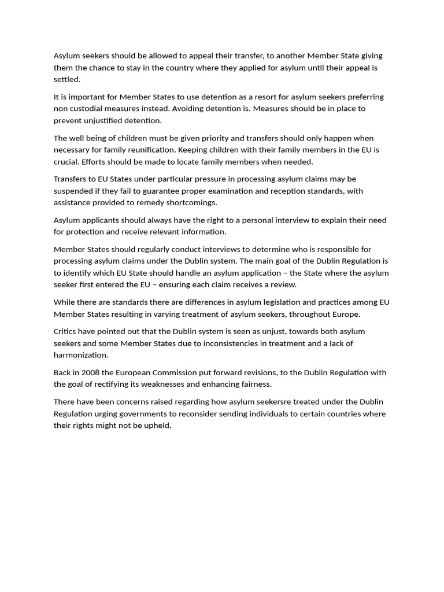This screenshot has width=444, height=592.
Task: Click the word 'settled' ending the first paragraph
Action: point(66,79)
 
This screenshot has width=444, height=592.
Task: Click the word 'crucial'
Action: point(66,161)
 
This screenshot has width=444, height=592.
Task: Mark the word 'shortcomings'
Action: point(191,202)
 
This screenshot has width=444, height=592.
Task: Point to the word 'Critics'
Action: point(65,331)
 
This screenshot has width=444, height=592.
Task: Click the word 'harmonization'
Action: point(80,355)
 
